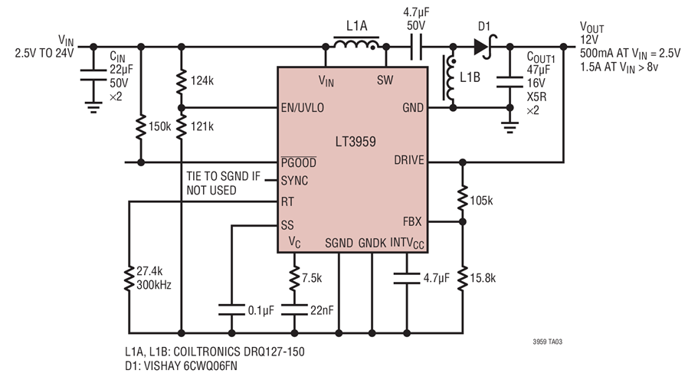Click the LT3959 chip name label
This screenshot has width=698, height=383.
click(354, 142)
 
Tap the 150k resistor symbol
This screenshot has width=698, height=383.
click(141, 127)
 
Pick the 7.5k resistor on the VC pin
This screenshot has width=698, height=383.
click(293, 275)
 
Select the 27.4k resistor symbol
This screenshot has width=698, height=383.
click(129, 277)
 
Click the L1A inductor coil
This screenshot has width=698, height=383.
click(356, 44)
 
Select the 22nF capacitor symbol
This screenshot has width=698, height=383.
click(293, 310)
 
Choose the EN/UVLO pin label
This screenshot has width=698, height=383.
click(302, 107)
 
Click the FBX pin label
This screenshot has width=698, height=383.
click(411, 221)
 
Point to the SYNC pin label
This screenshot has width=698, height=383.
click(296, 182)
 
